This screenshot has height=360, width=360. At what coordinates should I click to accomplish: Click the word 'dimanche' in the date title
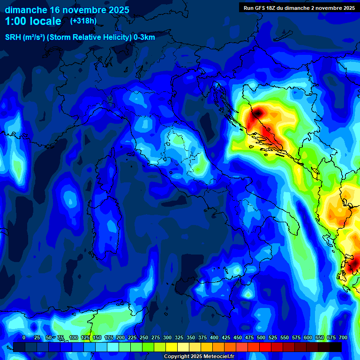click(x=26, y=10)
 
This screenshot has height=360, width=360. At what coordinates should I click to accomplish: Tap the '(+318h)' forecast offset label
click(x=83, y=21)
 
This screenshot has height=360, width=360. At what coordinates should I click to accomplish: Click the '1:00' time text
click(x=16, y=21)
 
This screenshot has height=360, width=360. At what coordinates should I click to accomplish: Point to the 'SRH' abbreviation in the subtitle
click(x=13, y=37)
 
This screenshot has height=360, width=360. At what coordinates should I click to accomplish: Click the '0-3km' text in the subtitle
click(x=144, y=37)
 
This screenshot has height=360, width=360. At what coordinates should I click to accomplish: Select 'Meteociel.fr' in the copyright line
click(x=219, y=356)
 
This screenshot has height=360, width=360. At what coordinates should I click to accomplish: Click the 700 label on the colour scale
click(x=343, y=338)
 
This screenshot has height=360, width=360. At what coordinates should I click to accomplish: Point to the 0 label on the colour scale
click(x=24, y=338)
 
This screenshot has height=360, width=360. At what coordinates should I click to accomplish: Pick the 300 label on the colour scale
click(x=167, y=338)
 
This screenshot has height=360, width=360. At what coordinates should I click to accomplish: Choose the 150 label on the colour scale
click(x=97, y=338)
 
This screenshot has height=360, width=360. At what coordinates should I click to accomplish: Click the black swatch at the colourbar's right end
click(x=336, y=347)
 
